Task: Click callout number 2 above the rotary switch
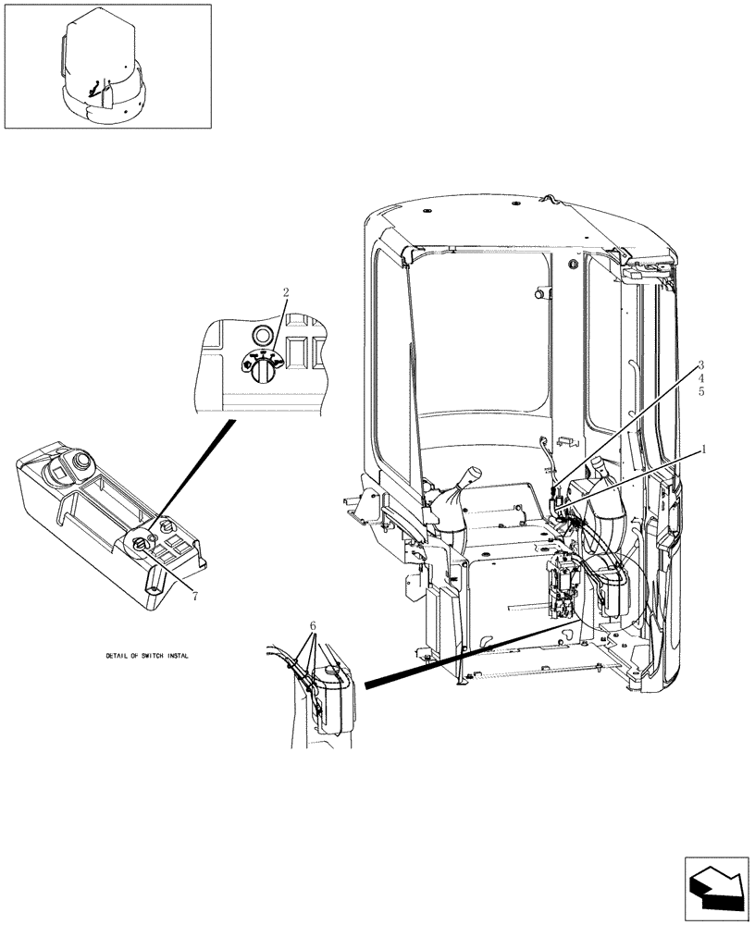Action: (x=286, y=292)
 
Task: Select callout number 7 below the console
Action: (x=195, y=596)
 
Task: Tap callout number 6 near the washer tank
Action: (x=313, y=626)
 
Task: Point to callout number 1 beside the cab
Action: (x=703, y=450)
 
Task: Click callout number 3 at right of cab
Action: (x=701, y=365)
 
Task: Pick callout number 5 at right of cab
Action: (x=701, y=391)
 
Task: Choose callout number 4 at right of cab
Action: (x=701, y=378)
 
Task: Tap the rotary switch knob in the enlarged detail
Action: (x=261, y=366)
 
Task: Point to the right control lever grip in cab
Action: (x=600, y=465)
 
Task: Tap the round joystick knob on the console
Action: (x=83, y=461)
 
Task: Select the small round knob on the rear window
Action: (x=537, y=294)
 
